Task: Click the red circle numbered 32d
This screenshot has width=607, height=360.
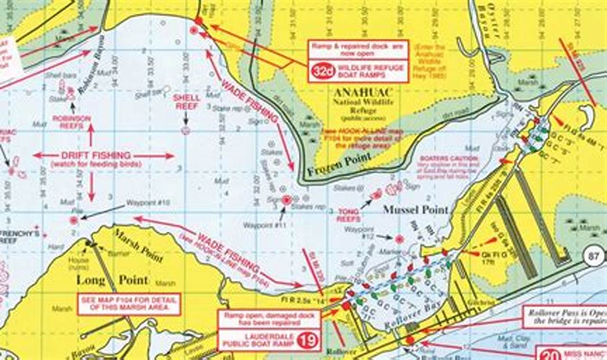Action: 323,71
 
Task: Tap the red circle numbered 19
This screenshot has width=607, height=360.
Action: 309,340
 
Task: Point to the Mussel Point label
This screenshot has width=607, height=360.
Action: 416,209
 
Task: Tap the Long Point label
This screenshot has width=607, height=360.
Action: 112,280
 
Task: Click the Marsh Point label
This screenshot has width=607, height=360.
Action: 140,244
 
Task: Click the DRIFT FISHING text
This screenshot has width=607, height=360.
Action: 96,156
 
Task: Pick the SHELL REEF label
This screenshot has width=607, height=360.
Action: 186,102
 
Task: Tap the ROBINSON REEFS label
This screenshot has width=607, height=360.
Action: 72,122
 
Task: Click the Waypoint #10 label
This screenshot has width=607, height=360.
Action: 147,203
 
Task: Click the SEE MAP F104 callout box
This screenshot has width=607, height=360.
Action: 129,304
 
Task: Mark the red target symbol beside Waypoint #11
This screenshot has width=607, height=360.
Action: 286,200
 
